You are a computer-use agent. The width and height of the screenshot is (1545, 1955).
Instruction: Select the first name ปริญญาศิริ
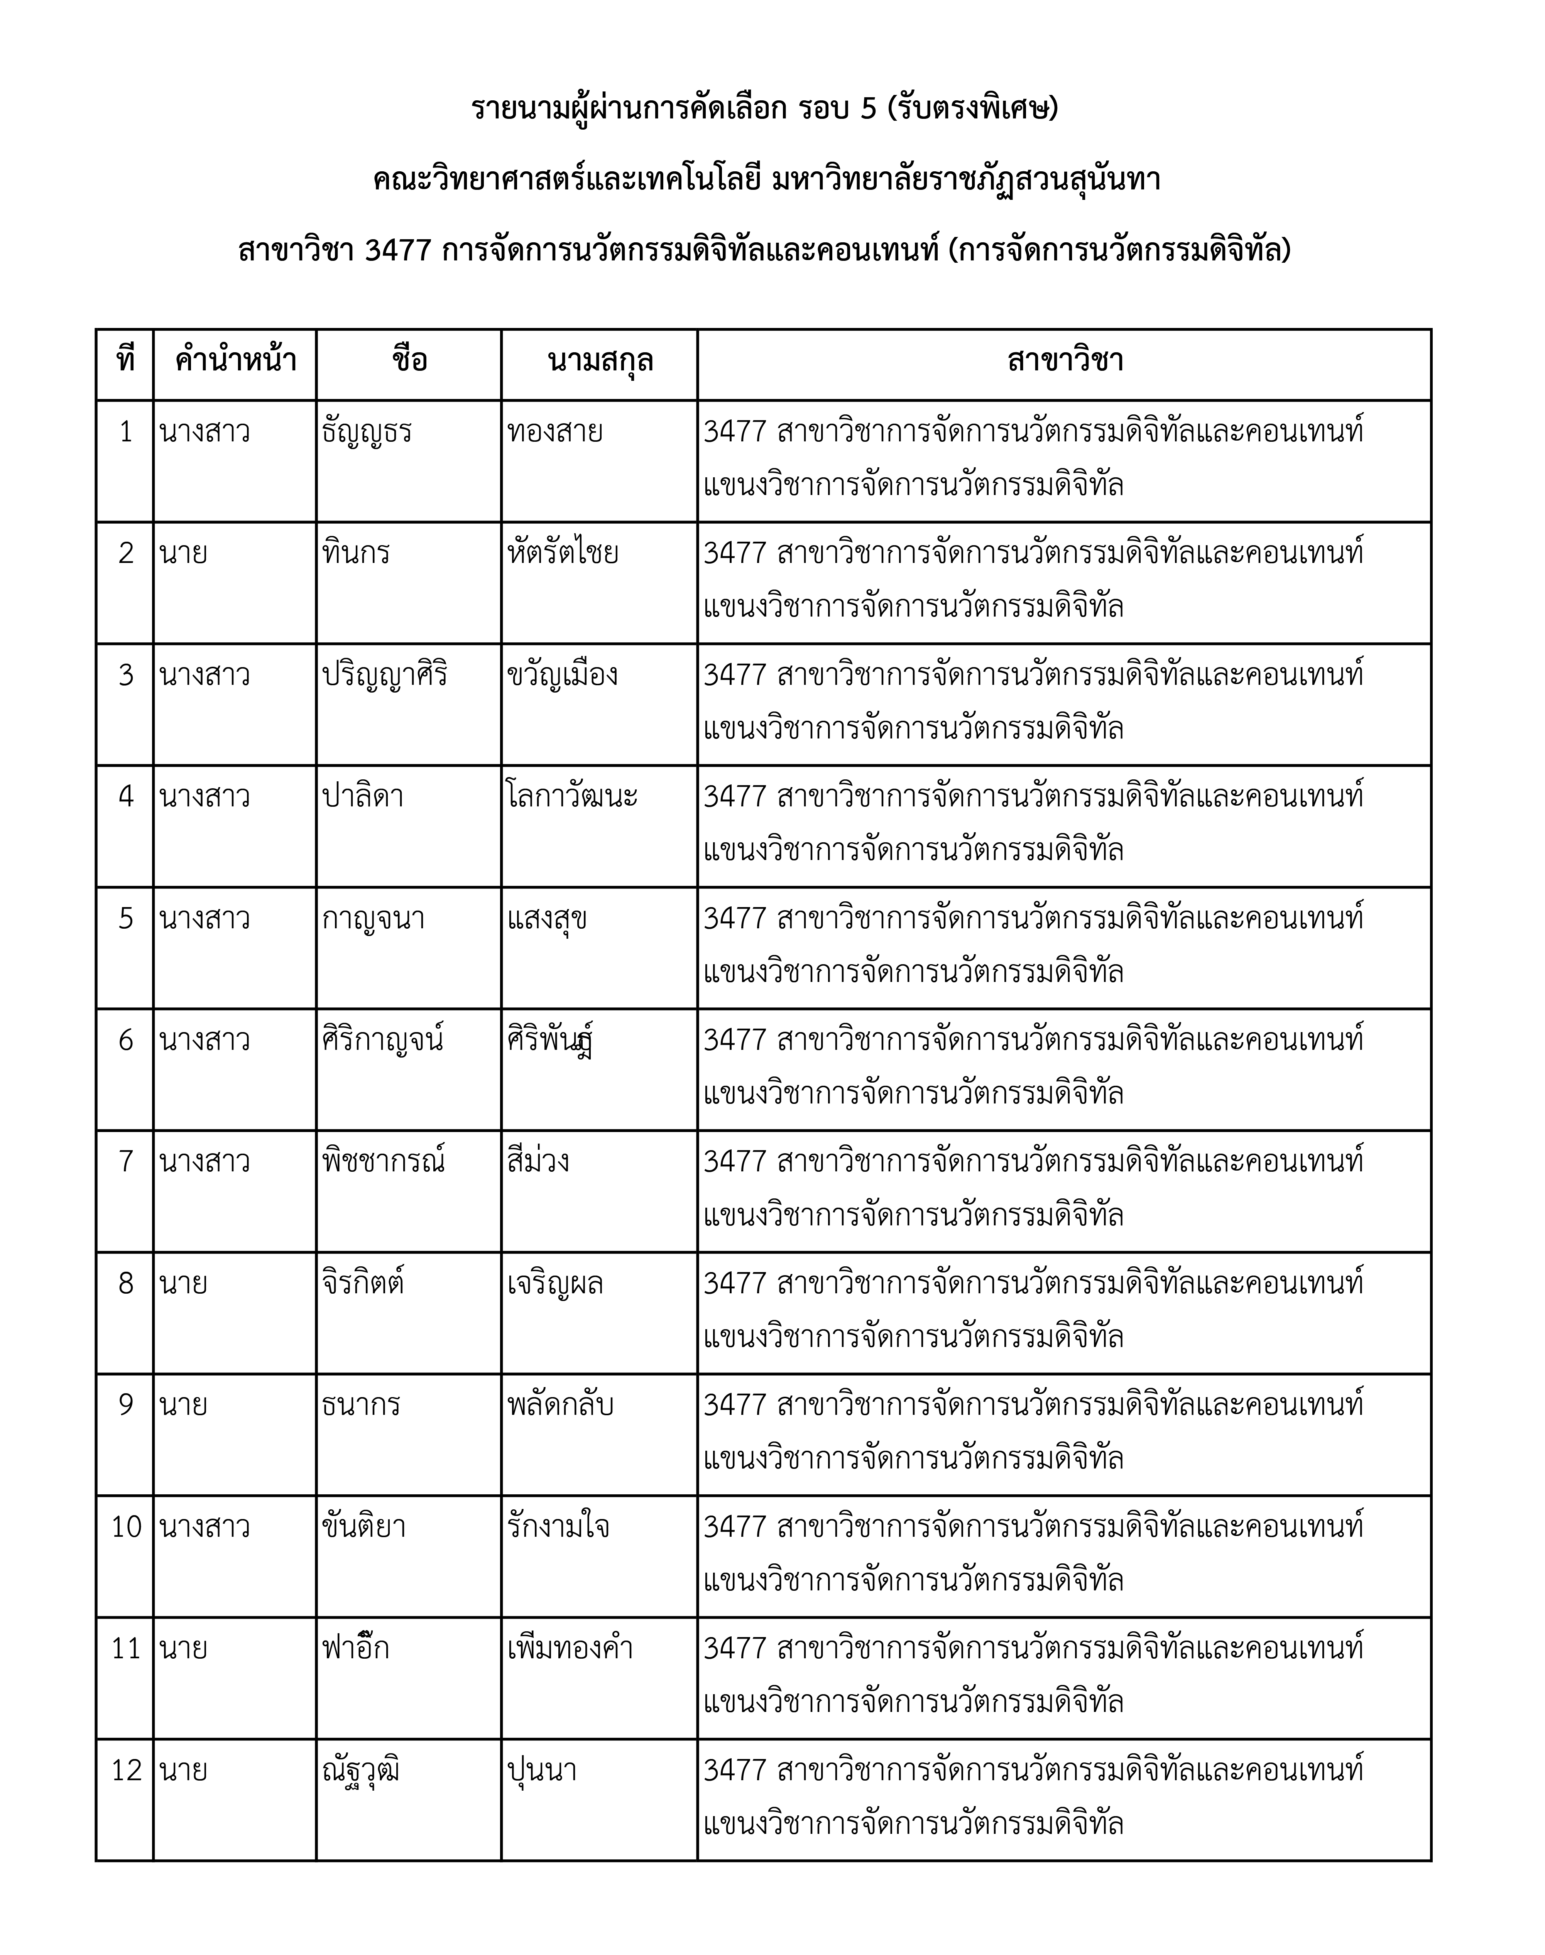click(x=385, y=676)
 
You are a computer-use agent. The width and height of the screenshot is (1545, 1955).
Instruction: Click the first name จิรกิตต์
click(x=363, y=1284)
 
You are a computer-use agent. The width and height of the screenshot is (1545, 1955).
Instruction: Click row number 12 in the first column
click(x=126, y=1771)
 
